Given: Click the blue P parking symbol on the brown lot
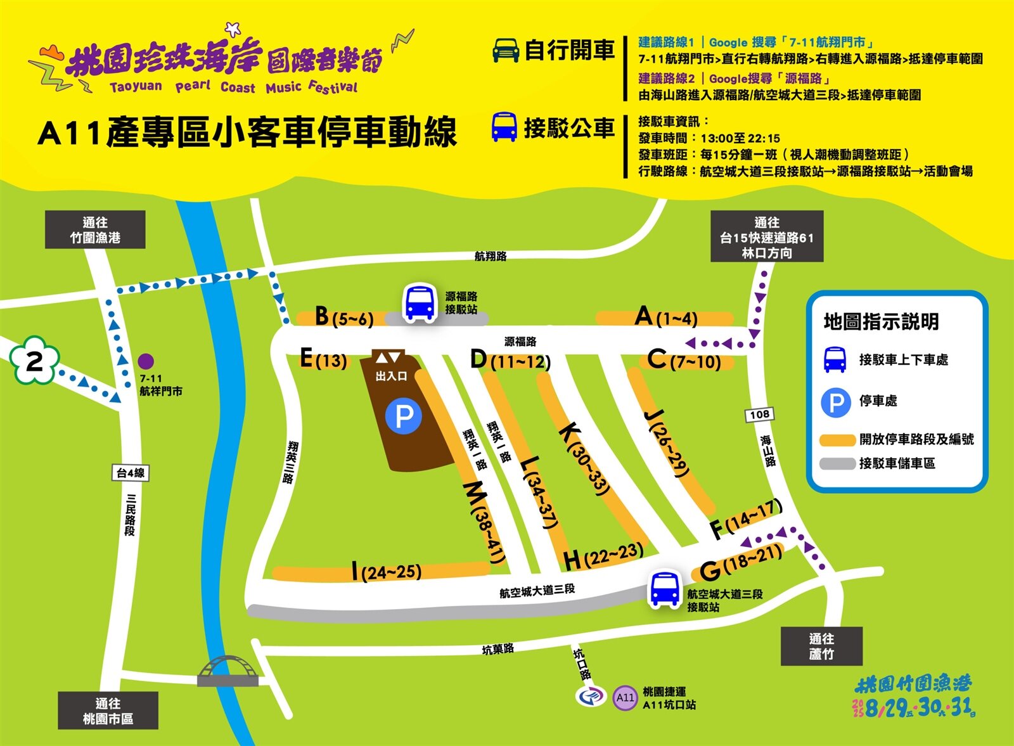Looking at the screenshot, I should tap(404, 416).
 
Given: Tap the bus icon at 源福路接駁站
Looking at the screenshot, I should tap(420, 302).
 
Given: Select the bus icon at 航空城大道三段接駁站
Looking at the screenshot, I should tap(664, 589).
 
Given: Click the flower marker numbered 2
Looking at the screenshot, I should tap(34, 361).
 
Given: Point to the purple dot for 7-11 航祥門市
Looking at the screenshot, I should tap(146, 361).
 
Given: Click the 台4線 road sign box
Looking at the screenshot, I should tap(131, 473).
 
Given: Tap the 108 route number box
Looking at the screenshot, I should tap(759, 415).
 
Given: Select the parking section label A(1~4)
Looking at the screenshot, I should tap(665, 316).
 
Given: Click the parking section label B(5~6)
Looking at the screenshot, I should tap(344, 316).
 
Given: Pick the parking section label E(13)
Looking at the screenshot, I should tap(324, 359).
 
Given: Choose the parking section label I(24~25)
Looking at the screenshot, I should tap(387, 571).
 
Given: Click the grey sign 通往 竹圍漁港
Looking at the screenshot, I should tap(95, 229).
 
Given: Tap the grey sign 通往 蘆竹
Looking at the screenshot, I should tap(821, 646).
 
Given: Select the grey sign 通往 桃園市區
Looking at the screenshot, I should tap(108, 711).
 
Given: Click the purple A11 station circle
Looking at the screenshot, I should tap(625, 697).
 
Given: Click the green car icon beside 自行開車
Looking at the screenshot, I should tap(506, 50).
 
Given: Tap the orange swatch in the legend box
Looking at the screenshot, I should tap(837, 440).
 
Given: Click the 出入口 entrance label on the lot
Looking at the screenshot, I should tap(390, 376).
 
